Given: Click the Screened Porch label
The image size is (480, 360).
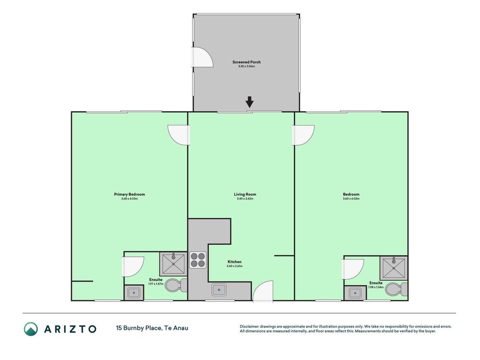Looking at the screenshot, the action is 247,62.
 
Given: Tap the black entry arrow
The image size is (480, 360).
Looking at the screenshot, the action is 250,102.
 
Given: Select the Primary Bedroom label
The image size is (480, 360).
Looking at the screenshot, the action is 130,194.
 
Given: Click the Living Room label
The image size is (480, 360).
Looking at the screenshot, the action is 245,194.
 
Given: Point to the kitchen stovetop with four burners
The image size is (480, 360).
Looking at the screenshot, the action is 198,260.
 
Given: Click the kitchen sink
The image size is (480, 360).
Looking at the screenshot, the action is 219,290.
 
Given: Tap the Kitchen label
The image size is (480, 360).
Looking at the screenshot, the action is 234,262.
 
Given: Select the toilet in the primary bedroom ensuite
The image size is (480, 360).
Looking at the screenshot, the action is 176,285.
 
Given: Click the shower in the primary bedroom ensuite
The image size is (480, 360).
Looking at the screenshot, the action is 173,264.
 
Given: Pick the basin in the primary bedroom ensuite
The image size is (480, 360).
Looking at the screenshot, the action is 134,292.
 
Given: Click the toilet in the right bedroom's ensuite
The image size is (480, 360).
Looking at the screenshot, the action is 396,289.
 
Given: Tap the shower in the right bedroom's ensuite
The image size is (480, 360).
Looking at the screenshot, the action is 394,268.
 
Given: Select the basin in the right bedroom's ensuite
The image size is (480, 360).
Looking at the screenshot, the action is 355,293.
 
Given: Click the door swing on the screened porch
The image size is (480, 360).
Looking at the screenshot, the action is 202,57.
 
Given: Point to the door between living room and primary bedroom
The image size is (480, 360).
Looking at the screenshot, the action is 179,135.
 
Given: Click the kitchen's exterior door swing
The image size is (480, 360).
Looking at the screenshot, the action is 263,292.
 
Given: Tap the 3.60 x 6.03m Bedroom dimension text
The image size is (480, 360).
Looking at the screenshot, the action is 351,198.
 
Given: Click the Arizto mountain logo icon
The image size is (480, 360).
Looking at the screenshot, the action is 31,329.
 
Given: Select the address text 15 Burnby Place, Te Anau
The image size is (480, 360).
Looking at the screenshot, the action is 152,328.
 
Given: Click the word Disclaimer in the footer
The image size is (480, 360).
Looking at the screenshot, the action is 249,327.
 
